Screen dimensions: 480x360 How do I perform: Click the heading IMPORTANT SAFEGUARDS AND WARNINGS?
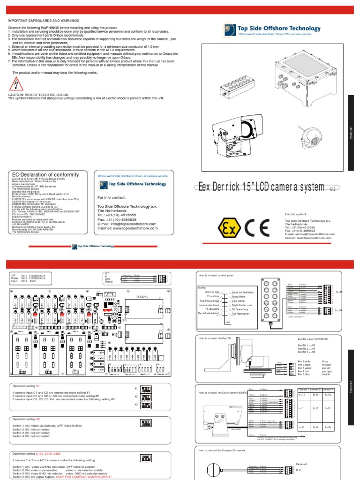tap(44, 21)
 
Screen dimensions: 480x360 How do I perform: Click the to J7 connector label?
tap(299, 469)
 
